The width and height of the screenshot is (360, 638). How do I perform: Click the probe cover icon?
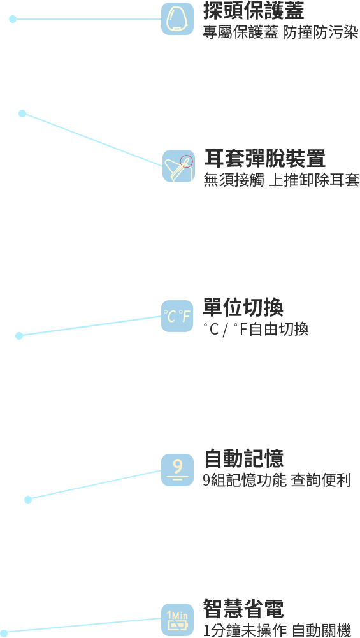pyautogui.click(x=177, y=18)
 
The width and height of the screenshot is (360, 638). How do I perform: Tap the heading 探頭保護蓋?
pyautogui.click(x=254, y=11)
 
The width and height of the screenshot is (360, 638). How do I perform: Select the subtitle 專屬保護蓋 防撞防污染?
pyautogui.click(x=281, y=33)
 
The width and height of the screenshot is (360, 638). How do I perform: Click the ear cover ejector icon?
pyautogui.click(x=178, y=166)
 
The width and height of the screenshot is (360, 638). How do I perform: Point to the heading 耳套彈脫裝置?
pyautogui.click(x=265, y=158)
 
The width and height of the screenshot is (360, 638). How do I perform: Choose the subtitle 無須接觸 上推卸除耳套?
pyautogui.click(x=282, y=180)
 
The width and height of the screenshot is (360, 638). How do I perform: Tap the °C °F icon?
pyautogui.click(x=177, y=316)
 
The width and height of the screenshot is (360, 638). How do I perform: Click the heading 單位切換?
pyautogui.click(x=243, y=307)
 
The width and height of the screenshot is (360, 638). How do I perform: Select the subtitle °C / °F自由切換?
pyautogui.click(x=256, y=329)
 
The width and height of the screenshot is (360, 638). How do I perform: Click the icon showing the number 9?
pyautogui.click(x=177, y=470)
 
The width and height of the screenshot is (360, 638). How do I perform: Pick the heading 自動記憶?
pyautogui.click(x=243, y=458)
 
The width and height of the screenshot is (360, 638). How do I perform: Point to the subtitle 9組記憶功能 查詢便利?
pyautogui.click(x=277, y=480)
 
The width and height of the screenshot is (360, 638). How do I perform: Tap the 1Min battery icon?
pyautogui.click(x=177, y=620)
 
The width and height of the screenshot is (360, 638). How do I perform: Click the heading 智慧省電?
pyautogui.click(x=243, y=609)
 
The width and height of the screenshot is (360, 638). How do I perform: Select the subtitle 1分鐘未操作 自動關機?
pyautogui.click(x=277, y=630)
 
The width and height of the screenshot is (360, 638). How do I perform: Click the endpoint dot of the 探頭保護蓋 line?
pyautogui.click(x=13, y=18)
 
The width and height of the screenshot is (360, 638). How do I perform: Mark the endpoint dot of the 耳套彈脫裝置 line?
pyautogui.click(x=22, y=113)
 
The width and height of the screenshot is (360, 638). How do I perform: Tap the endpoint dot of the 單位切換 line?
pyautogui.click(x=19, y=336)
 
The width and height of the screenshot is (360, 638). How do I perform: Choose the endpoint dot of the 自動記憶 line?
pyautogui.click(x=28, y=499)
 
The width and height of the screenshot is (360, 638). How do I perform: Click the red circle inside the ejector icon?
pyautogui.click(x=187, y=161)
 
